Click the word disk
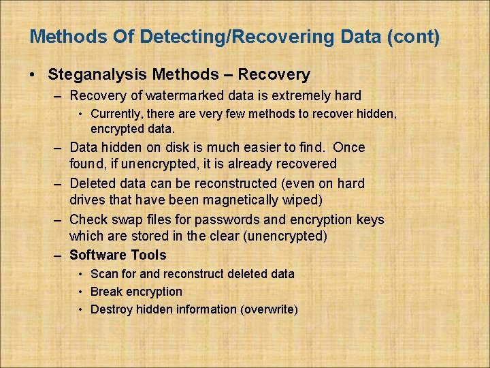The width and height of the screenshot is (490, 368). (x=180, y=147)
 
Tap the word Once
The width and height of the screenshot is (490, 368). (x=349, y=147)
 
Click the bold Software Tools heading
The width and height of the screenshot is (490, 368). (x=118, y=256)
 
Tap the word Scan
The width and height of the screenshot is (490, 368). (x=104, y=274)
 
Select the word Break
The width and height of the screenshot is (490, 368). (x=106, y=292)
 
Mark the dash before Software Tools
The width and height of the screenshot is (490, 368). (x=58, y=256)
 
